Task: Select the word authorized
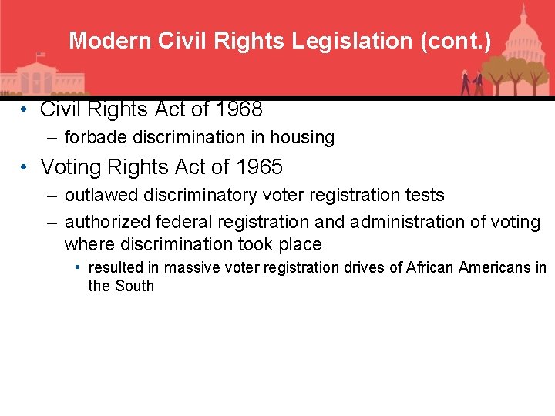(x=107, y=222)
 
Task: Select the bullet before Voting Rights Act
(x=25, y=166)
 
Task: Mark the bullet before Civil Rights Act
(x=25, y=110)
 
